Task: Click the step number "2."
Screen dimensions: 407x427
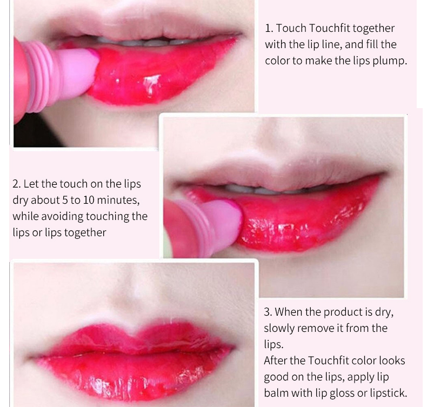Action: tap(17, 184)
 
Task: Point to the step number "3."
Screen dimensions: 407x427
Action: tap(268, 312)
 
